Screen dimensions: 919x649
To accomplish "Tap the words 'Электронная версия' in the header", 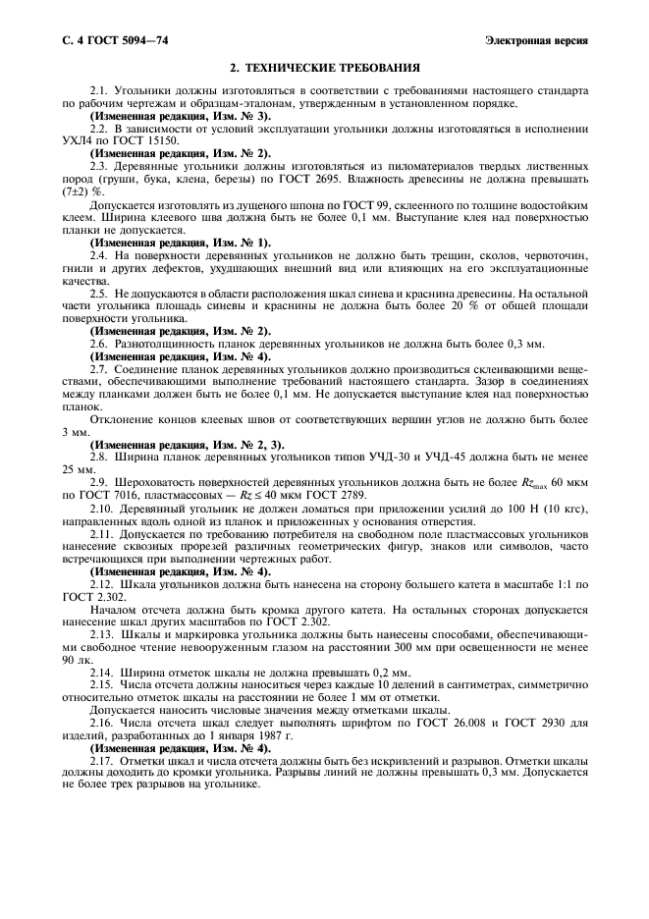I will click(537, 40).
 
